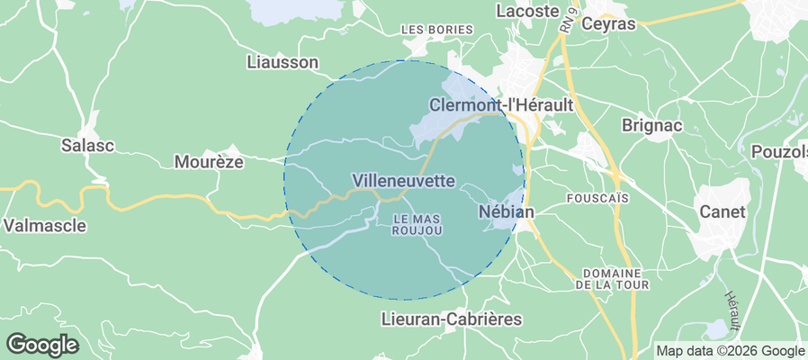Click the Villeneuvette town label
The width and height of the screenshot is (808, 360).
404,181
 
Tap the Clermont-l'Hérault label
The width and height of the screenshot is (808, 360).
501,105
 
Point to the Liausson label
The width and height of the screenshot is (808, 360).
282,62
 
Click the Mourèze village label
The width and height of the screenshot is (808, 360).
208,163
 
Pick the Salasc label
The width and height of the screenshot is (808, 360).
87,145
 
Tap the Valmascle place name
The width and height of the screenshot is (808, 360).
45,225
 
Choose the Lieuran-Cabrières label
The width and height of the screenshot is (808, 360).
452,319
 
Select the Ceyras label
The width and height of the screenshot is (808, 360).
608,23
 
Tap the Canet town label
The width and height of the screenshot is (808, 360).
723,212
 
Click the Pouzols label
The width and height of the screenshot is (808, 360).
778,150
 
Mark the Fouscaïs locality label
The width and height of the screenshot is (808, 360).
597,196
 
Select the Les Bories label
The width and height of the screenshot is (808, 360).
436,30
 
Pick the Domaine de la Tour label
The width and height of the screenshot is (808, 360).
611,278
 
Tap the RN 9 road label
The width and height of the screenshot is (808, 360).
566,19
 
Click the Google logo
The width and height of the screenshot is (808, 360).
42,344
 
